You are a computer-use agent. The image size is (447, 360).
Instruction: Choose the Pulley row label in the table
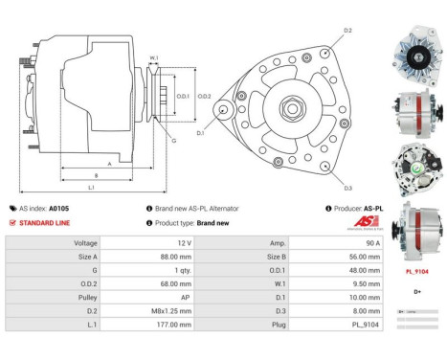point(85,298)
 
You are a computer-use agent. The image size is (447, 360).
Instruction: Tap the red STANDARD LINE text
point(43,222)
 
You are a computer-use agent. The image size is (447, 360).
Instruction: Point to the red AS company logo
point(355,221)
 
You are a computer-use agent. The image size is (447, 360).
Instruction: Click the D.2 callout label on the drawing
point(346,31)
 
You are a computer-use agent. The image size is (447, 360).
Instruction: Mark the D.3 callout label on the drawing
point(346,187)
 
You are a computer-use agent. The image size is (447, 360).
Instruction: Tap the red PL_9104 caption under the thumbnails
point(416,271)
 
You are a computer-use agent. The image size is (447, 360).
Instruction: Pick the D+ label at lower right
point(416,291)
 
